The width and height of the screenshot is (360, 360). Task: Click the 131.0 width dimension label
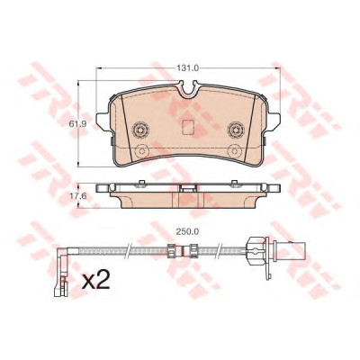click(187, 68)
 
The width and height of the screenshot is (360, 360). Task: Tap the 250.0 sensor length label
click(188, 231)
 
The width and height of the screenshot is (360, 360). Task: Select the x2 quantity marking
click(96, 281)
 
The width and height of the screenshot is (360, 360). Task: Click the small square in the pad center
click(188, 127)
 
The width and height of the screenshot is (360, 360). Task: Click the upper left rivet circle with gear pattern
click(140, 130)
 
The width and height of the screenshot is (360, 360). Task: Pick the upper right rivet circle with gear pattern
click(236, 130)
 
